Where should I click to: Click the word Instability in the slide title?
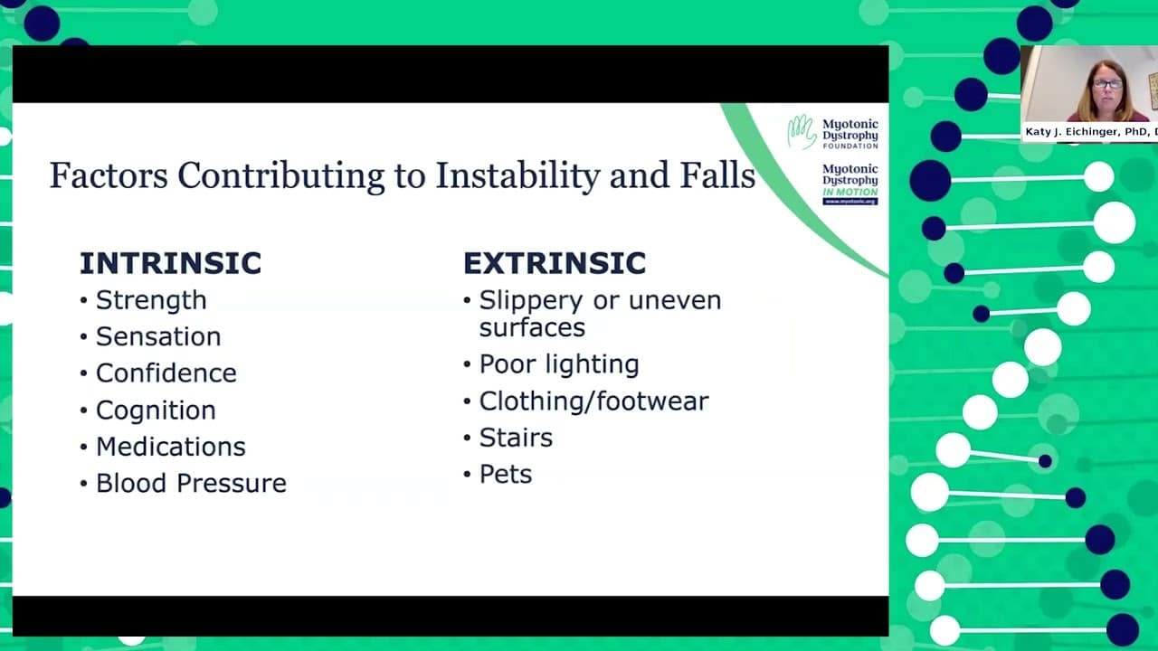517,175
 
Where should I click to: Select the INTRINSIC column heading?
171,263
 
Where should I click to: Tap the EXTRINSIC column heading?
555,263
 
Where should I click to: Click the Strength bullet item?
151,300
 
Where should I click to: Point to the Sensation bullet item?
158,337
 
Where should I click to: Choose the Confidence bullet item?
166,373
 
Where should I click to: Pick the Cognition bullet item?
156,410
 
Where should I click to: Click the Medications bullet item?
171,447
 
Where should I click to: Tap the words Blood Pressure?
191,483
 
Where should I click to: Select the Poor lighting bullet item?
559,364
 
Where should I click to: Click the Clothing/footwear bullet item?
593,401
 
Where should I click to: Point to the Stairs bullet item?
516,438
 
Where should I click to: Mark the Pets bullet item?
505,475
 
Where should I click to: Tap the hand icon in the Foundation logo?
802,131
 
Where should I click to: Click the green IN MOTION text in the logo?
850,193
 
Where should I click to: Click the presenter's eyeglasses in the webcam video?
1107,84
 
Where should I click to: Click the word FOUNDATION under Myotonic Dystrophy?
850,146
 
